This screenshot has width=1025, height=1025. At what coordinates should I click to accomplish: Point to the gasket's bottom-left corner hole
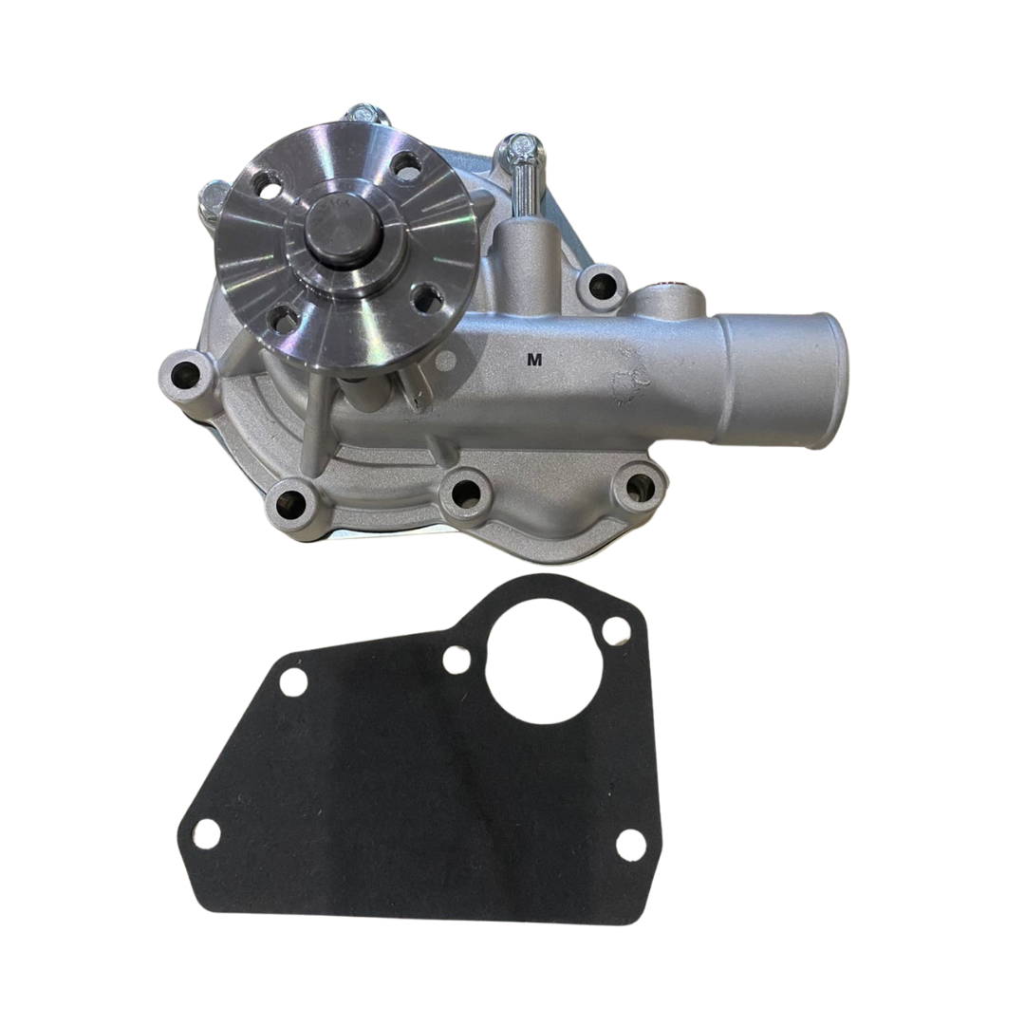coord(206,833)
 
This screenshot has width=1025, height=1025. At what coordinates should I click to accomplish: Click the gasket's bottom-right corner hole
coord(630,843)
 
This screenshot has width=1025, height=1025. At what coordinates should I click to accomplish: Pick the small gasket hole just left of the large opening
coord(457,660)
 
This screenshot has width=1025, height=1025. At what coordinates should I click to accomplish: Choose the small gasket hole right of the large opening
coord(617,628)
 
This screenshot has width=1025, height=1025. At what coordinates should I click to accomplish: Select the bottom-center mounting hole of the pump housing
coord(466,492)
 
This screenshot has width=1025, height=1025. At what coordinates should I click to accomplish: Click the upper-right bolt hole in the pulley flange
coord(408,166)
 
